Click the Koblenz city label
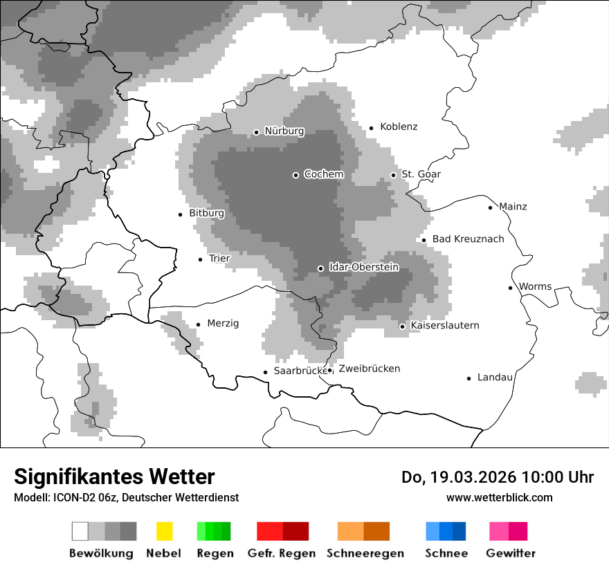coord(399,127)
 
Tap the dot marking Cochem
coord(296,175)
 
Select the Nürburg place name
coord(284,131)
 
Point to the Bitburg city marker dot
coord(181,214)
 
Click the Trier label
coord(219,259)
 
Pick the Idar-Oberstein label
coord(364,267)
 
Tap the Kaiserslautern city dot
coord(402,326)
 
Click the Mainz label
coord(513,207)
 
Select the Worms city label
coord(535,287)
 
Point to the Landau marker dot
coord(469,378)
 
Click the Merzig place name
coord(223,324)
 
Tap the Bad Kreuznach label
coord(468,239)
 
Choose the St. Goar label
coord(421,174)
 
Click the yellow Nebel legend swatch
coord(164,531)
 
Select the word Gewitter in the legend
coord(511,553)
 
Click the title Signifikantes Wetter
coord(114,476)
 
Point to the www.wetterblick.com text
coord(499,497)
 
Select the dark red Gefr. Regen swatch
coord(296,531)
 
